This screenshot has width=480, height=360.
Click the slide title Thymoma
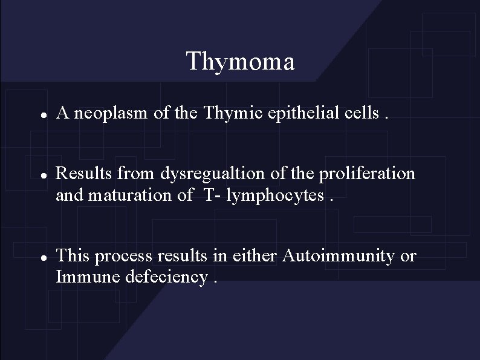[240, 62]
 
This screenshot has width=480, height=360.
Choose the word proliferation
[367, 174]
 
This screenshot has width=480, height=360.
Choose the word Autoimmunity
[339, 256]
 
